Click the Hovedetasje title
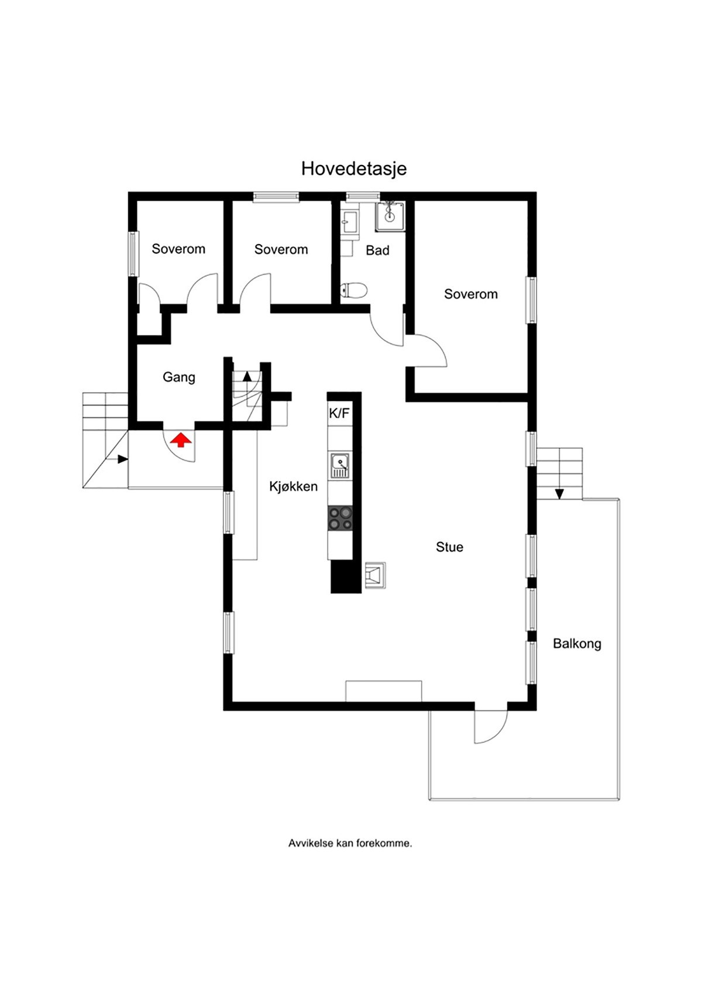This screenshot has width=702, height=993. [353, 169]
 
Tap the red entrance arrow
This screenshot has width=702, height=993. [181, 439]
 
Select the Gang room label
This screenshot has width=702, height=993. [178, 377]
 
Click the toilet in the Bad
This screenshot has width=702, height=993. [355, 290]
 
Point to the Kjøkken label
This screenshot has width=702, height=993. [293, 486]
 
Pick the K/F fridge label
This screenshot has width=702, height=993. [339, 414]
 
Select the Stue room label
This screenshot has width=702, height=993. [449, 547]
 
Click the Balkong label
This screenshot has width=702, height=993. [577, 644]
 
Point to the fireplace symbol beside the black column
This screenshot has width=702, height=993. [374, 574]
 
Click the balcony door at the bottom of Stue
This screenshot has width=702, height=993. [490, 726]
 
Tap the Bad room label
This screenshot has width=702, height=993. [377, 250]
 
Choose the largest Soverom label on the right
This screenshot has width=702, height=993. [470, 294]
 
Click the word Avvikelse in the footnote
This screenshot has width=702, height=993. [311, 844]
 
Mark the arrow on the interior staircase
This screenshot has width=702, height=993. [247, 376]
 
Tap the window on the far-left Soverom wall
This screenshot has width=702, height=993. [133, 253]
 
